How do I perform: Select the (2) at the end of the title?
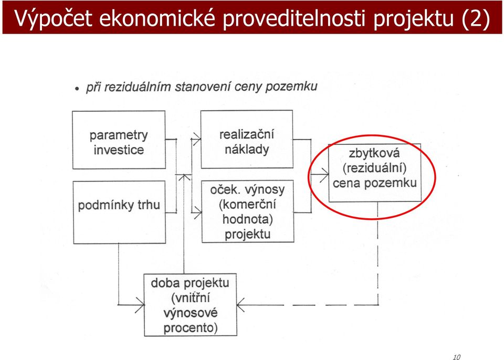pyautogui.click(x=476, y=18)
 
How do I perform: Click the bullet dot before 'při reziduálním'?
pyautogui.click(x=77, y=88)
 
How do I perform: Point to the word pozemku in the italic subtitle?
pyautogui.click(x=292, y=87)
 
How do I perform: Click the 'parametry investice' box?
pyautogui.click(x=119, y=140)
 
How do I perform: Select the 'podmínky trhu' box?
pyautogui.click(x=119, y=212)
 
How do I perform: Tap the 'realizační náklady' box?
pyautogui.click(x=247, y=139)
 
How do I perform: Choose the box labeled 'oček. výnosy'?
pyautogui.click(x=247, y=211)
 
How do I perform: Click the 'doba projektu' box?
pyautogui.click(x=190, y=305)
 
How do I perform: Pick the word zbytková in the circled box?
pyautogui.click(x=374, y=153)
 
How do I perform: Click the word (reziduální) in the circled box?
pyautogui.click(x=374, y=168)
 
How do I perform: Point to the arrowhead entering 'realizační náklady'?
pyautogui.click(x=197, y=139)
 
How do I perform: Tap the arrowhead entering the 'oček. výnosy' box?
pyautogui.click(x=197, y=213)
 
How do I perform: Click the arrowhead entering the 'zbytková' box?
pyautogui.click(x=324, y=175)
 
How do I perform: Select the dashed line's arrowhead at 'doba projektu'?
pyautogui.click(x=240, y=305)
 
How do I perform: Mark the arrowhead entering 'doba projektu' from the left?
pyautogui.click(x=140, y=304)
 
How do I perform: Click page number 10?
pyautogui.click(x=456, y=357)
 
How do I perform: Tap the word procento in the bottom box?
pyautogui.click(x=190, y=328)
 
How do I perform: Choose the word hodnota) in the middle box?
pyautogui.click(x=247, y=219)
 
